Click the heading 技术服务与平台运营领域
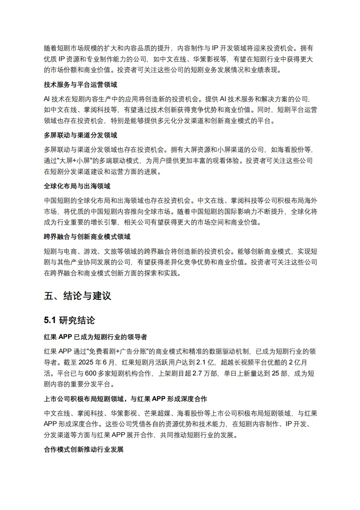tap(81, 85)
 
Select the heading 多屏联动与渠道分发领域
tap(81, 135)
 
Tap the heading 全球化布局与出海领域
tap(77, 186)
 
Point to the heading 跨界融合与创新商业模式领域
tap(87, 237)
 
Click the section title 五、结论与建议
tap(77, 296)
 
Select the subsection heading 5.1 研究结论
tap(69, 320)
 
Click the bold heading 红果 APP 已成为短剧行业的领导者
tap(95, 337)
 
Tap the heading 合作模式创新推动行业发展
tap(84, 450)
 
